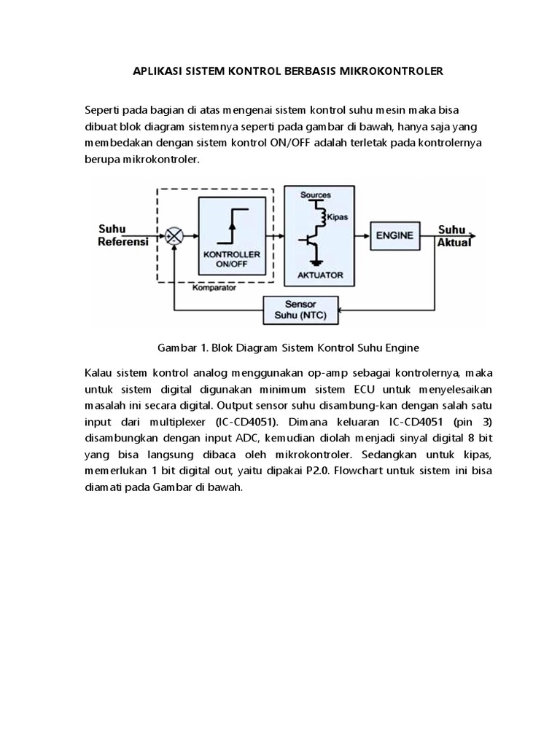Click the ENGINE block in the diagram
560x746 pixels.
(x=394, y=235)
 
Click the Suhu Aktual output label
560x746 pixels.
(x=454, y=236)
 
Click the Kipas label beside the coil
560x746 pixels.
(x=336, y=217)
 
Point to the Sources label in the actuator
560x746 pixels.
(x=316, y=195)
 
